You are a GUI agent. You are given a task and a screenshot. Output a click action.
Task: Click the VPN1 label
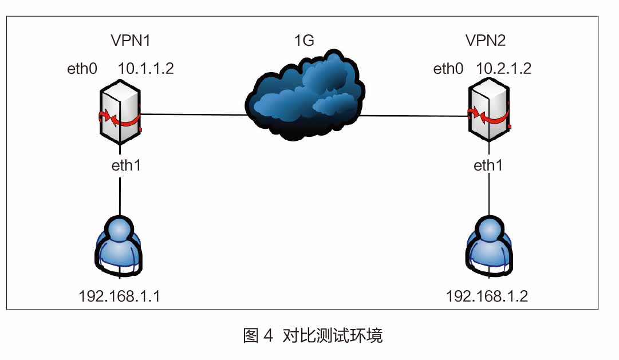pos(133,40)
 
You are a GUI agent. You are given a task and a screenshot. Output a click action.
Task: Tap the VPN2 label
pos(486,40)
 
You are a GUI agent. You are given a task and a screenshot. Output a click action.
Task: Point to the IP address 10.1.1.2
pos(145,69)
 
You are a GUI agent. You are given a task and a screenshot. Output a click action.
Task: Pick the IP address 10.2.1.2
pos(503,69)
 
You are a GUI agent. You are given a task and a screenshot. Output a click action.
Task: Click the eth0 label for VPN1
pos(82,69)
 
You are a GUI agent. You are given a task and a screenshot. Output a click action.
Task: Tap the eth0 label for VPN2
pos(448,69)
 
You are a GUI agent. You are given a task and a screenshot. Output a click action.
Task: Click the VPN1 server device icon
pos(120,113)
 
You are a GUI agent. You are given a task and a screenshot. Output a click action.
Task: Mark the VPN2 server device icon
pos(488,113)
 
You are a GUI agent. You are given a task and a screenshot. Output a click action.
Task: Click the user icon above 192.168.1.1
pos(120,246)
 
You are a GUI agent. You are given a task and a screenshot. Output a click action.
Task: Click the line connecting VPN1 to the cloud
pos(195,114)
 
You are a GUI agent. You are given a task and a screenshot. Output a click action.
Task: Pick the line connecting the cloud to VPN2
pos(412,116)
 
